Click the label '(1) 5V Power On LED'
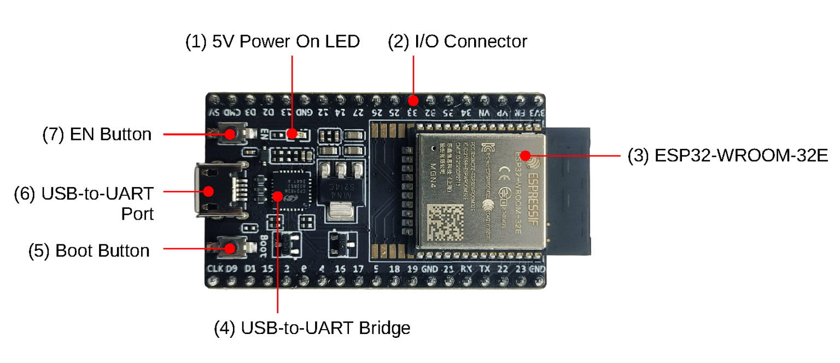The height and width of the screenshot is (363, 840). click(x=272, y=42)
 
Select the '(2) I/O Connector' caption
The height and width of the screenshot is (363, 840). click(x=457, y=42)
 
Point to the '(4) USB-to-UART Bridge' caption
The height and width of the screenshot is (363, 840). click(x=312, y=328)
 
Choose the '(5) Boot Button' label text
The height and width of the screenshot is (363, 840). click(x=89, y=250)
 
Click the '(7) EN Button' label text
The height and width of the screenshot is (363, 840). click(x=97, y=134)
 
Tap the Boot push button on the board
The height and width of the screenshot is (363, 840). click(x=230, y=249)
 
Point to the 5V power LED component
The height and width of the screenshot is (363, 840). click(x=293, y=133)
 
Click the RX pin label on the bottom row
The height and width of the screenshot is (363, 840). click(x=466, y=269)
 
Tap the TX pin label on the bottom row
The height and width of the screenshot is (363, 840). click(x=485, y=269)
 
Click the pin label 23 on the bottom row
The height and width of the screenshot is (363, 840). click(x=521, y=269)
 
